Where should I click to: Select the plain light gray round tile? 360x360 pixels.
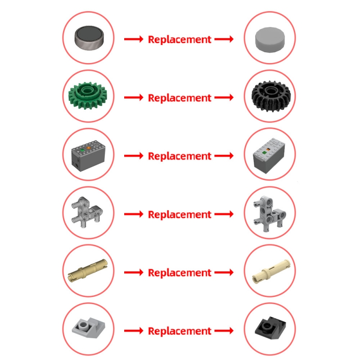click(270, 40)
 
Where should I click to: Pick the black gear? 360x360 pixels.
click(271, 96)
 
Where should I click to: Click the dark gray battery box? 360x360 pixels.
click(88, 155)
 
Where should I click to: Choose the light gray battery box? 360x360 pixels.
click(269, 155)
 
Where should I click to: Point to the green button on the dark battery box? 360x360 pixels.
click(82, 151)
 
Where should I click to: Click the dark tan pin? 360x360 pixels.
click(88, 270)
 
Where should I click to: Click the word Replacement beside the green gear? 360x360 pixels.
click(180, 98)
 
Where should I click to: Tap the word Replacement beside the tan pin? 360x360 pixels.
click(180, 273)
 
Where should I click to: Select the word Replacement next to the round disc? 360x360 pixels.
click(180, 40)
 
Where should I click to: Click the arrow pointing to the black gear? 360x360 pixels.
click(224, 98)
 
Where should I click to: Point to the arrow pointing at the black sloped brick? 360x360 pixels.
click(224, 331)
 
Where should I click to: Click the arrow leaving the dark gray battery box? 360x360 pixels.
click(134, 156)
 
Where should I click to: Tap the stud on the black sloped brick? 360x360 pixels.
click(266, 325)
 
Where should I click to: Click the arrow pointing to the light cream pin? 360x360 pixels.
click(224, 273)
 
